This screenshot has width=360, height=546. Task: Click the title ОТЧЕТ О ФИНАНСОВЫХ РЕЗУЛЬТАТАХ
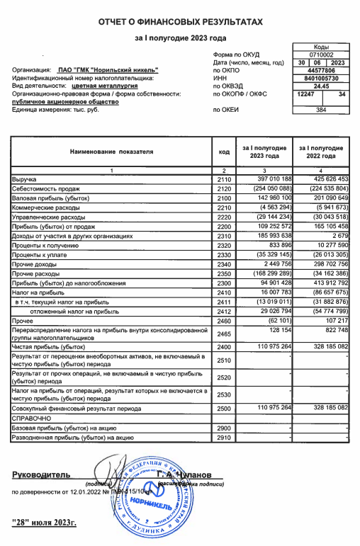pos(180,24)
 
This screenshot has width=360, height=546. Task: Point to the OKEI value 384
pos(321,110)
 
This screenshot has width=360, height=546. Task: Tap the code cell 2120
pos(223,189)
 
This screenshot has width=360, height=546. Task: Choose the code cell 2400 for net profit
pos(223,347)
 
